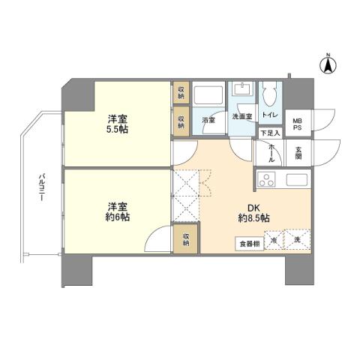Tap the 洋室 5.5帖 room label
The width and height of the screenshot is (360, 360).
coord(115,124)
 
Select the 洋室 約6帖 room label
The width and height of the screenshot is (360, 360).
coord(116,211)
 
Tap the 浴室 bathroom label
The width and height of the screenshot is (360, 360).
coord(208,119)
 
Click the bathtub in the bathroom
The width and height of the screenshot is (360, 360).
coord(208,97)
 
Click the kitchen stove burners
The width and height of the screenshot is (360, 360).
coord(266,179)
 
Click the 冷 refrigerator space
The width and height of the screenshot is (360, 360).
coord(274,240)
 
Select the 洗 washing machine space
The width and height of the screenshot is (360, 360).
coord(298,239)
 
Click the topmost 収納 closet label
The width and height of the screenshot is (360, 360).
coord(181,93)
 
